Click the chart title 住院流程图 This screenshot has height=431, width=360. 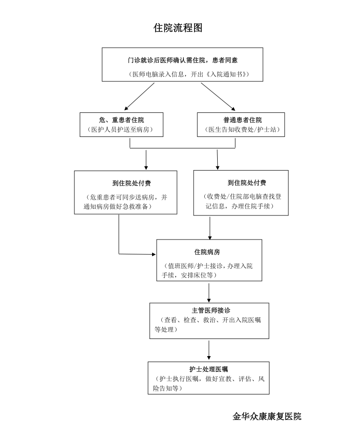[x=178, y=28]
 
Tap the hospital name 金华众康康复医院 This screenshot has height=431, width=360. [x=267, y=416]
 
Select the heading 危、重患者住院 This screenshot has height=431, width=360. [x=122, y=120]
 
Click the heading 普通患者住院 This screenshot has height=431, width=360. [x=243, y=120]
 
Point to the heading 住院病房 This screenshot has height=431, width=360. [x=207, y=252]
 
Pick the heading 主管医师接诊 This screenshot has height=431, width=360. [x=211, y=311]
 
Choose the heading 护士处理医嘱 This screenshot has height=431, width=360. [x=208, y=369]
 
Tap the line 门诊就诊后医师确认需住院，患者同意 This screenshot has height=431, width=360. [x=183, y=60]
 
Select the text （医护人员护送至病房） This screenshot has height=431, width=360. [x=120, y=129]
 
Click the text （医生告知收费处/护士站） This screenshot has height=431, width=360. [x=242, y=129]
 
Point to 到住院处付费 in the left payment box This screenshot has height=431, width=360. [x=132, y=183]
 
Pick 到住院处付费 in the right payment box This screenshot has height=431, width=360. [x=247, y=183]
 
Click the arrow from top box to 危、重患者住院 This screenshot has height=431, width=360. [x=139, y=97]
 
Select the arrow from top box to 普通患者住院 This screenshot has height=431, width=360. [x=218, y=97]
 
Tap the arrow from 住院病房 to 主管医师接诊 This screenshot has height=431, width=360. [x=209, y=293]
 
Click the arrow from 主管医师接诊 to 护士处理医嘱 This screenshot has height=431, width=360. [x=209, y=350]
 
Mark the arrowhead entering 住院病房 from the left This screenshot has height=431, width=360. [x=154, y=254]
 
